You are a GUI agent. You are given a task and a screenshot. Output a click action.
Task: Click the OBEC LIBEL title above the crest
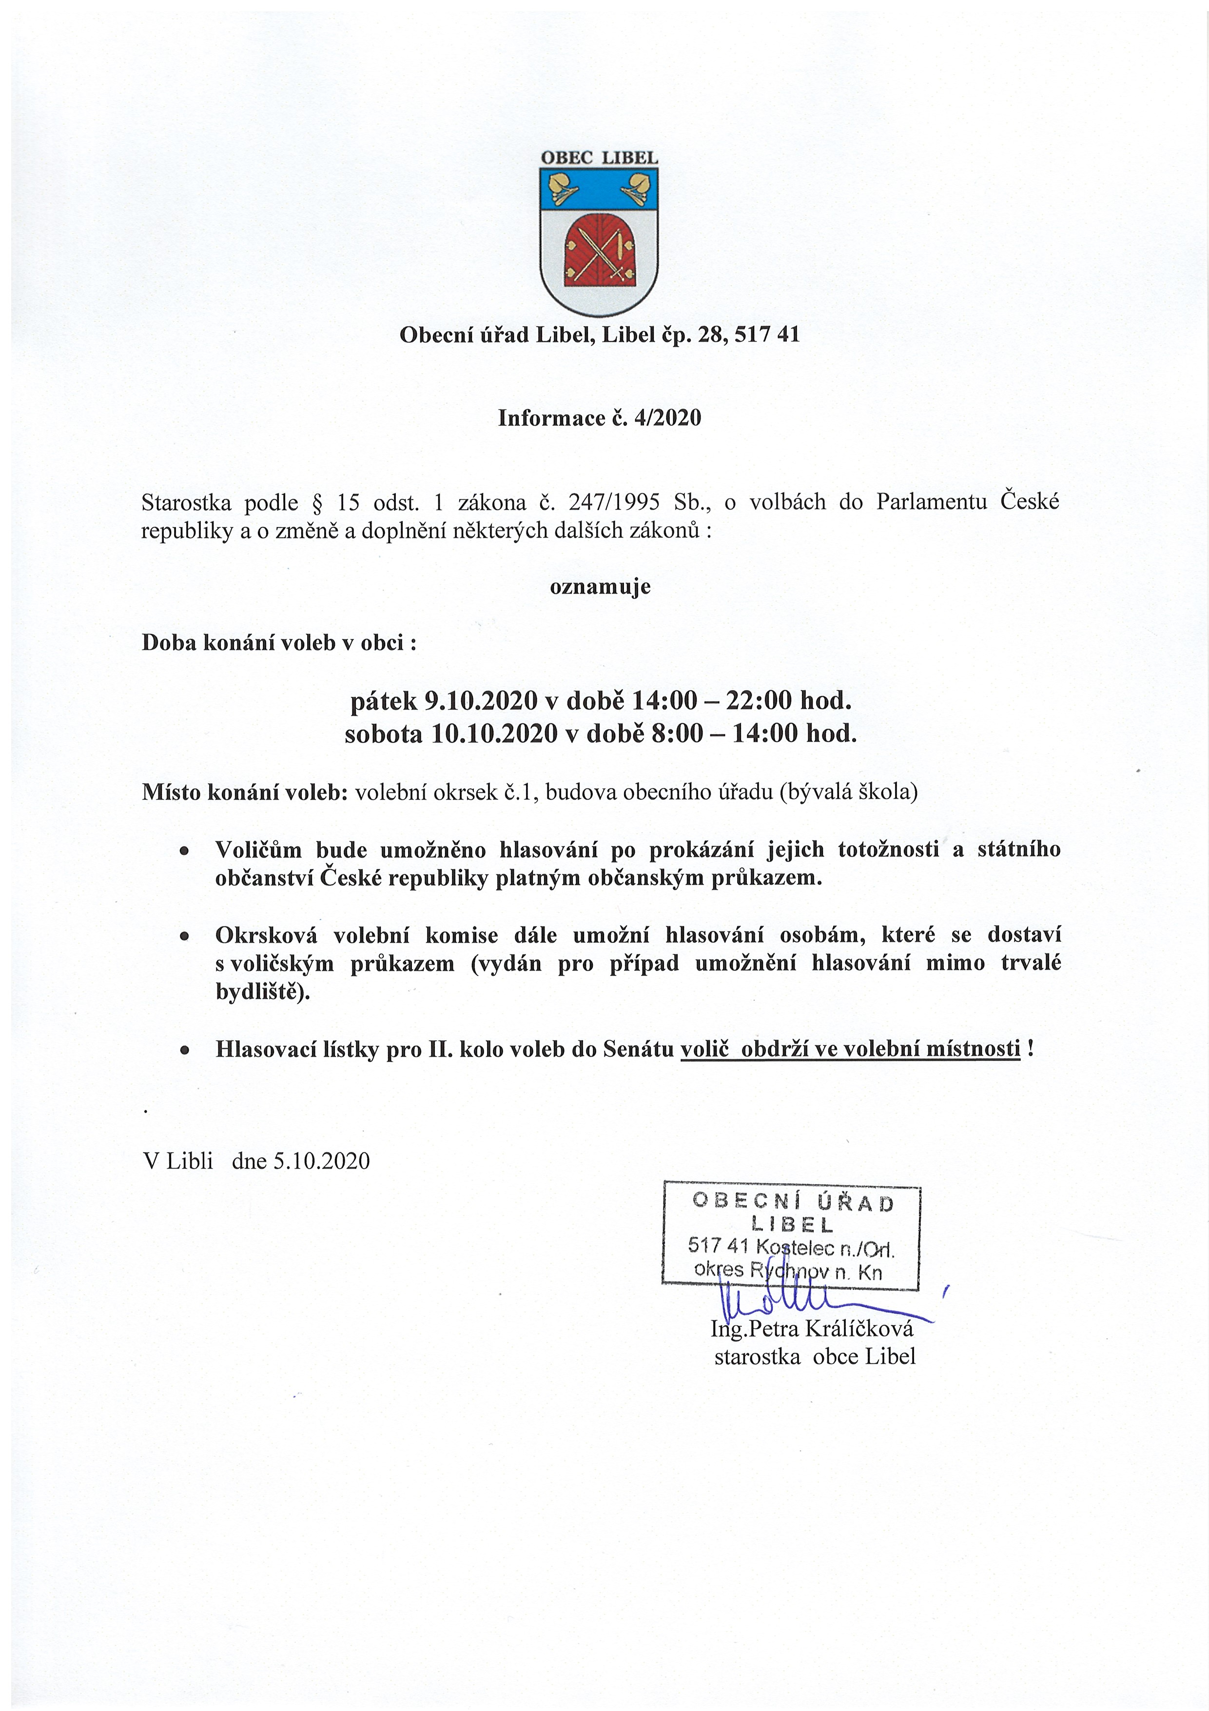pyautogui.click(x=599, y=158)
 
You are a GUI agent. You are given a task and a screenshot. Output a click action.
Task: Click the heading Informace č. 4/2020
pyautogui.click(x=600, y=418)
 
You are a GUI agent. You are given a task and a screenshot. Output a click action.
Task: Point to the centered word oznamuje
pyautogui.click(x=600, y=586)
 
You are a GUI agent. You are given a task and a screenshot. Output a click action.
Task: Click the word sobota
pyautogui.click(x=384, y=734)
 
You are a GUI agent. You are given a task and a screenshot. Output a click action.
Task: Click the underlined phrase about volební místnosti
pyautogui.click(x=850, y=1049)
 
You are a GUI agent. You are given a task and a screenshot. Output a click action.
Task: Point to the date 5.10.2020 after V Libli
pyautogui.click(x=321, y=1161)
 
